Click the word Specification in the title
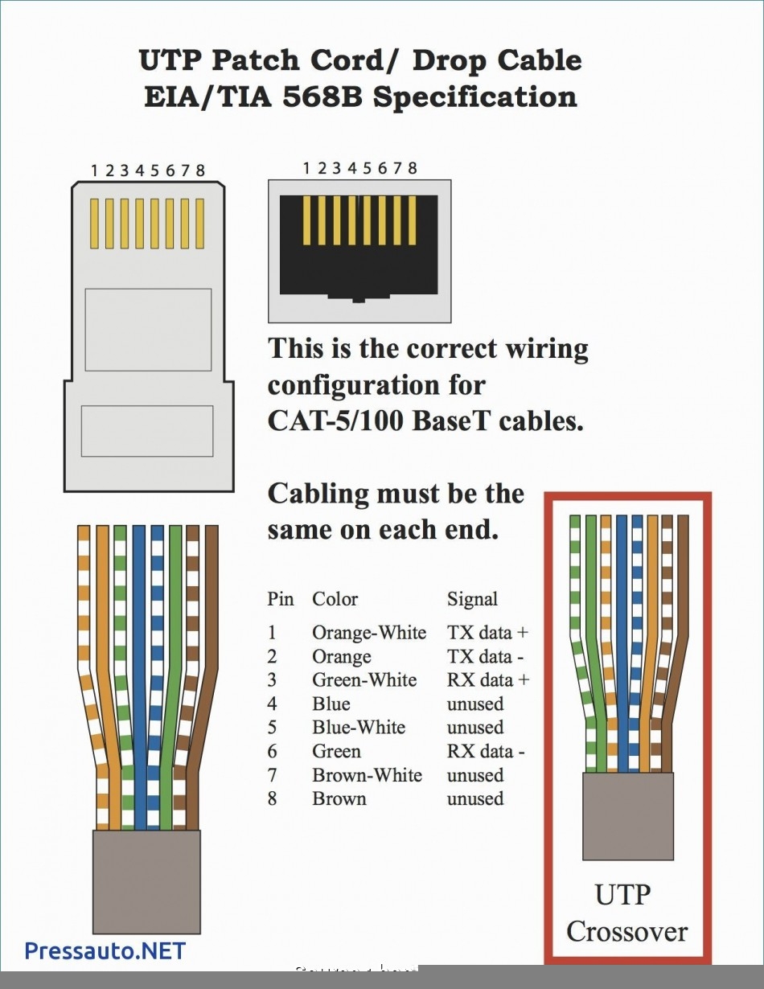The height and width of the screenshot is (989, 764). pos(474,96)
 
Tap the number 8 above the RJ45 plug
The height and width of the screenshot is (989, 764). pos(199,170)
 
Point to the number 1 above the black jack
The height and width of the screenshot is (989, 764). pos(306,168)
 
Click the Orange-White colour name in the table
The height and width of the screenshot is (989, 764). pos(368,633)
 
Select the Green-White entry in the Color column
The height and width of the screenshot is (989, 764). pos(364,680)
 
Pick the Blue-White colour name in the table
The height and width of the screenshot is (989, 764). pos(359,728)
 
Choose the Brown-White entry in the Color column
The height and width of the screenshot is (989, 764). pos(367,775)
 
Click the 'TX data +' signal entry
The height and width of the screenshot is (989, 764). pos(487,633)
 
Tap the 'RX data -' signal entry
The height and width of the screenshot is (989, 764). pos(486,752)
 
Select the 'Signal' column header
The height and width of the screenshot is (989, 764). pos(472,599)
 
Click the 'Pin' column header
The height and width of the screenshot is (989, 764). pos(281,599)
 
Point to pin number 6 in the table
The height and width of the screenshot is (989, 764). pos(273,752)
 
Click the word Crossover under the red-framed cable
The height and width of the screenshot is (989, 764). pos(626,932)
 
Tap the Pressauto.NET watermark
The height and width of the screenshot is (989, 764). pos(105,951)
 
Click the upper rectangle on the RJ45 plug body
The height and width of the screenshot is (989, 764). pos(148,330)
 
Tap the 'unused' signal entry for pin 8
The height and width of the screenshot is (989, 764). pos(474,799)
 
